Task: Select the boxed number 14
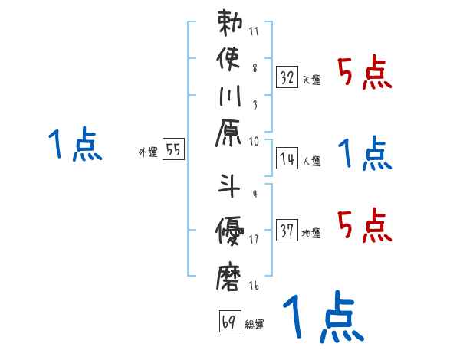287,159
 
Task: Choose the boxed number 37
287,230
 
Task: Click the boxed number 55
173,151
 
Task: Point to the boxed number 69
228,322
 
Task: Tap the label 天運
312,80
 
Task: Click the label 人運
312,162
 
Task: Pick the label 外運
147,153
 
